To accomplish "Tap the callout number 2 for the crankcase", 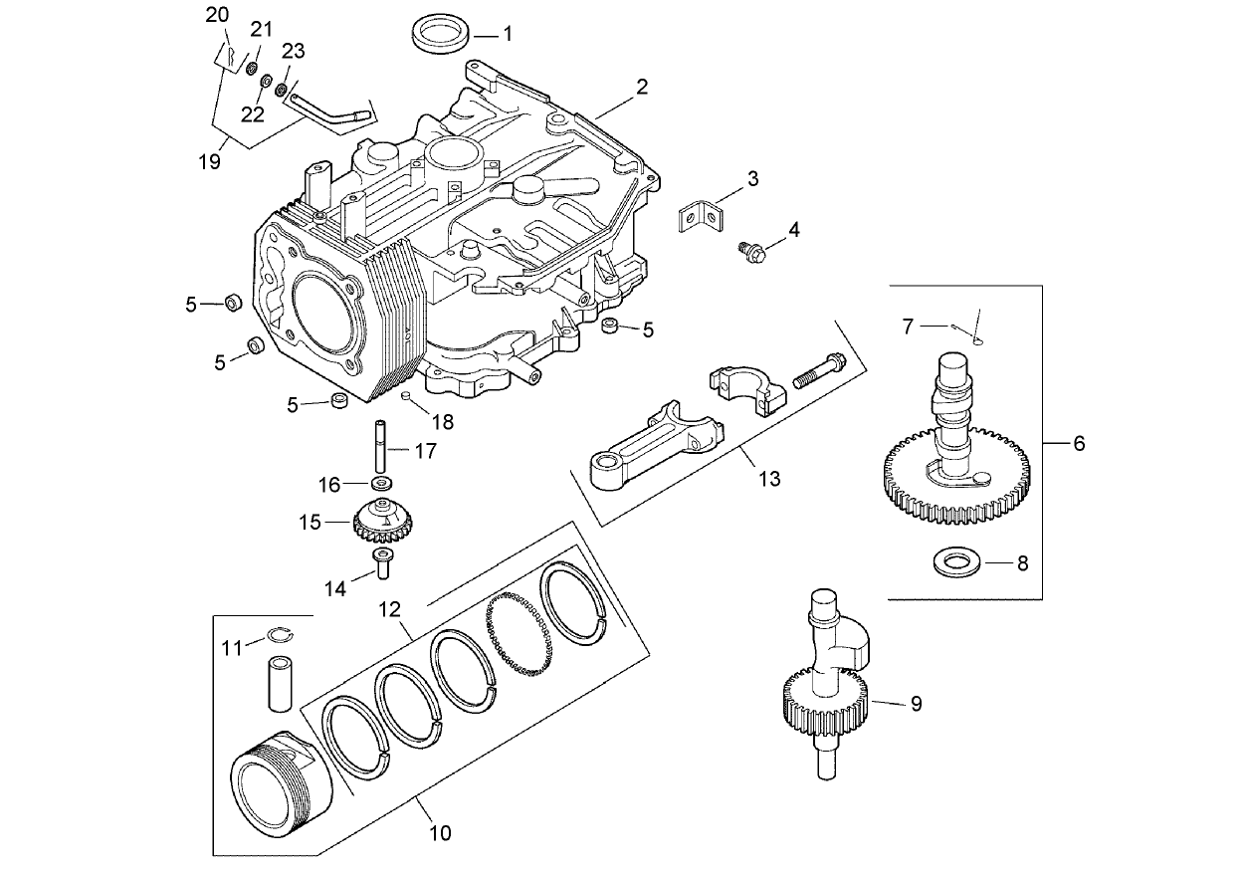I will [x=642, y=87].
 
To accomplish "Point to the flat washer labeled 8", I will [x=959, y=563].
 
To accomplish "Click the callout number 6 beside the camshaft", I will [x=1078, y=443].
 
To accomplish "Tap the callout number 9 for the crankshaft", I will [x=916, y=703].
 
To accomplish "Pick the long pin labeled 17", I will [x=381, y=449].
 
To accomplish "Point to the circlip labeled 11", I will [x=279, y=639].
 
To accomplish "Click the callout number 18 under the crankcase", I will [x=442, y=422].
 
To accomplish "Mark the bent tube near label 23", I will [x=333, y=107].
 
